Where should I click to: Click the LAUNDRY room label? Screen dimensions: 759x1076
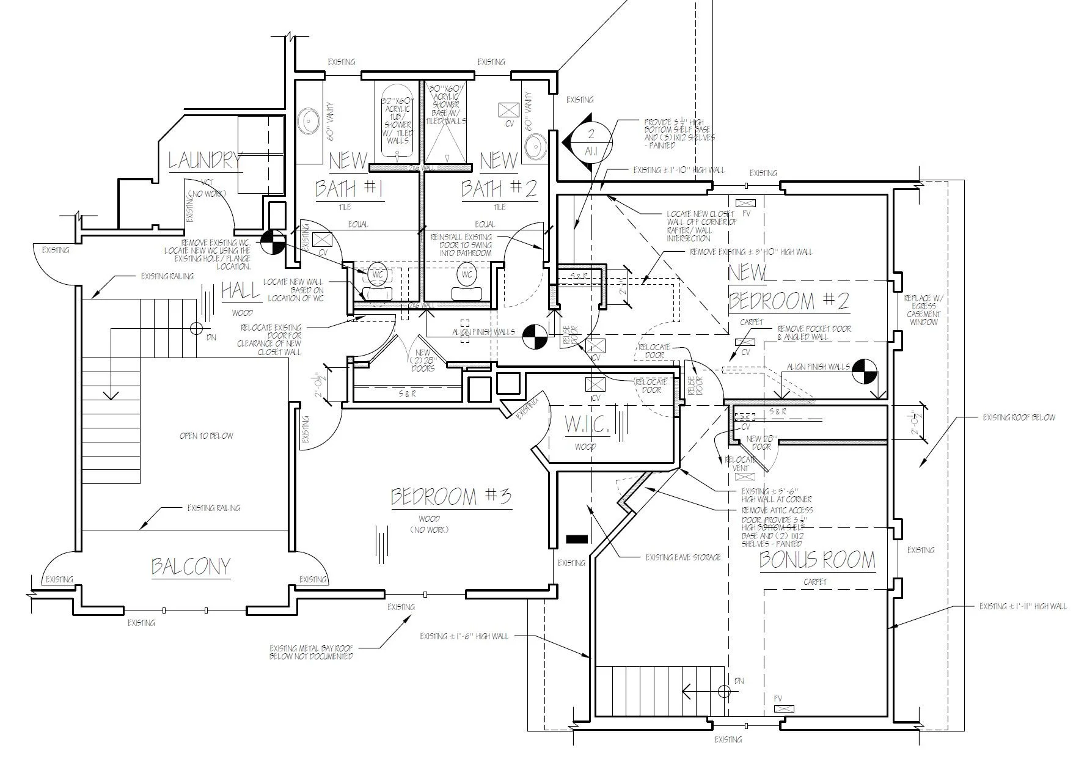204,161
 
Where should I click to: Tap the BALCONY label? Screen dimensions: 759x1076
191,566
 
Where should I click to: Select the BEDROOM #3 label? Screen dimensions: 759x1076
451,497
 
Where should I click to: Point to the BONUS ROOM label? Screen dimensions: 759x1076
817,560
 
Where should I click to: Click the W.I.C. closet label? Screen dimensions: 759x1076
586,426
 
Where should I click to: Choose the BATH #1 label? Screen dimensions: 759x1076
349,189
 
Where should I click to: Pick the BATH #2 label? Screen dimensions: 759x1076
499,189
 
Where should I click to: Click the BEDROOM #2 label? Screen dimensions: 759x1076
788,301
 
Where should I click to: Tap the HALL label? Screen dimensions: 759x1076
240,291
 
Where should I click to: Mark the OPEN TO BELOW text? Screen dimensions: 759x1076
206,436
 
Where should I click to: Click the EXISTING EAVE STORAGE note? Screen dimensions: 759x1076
683,557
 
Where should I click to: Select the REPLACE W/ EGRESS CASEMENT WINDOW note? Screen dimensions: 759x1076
923,310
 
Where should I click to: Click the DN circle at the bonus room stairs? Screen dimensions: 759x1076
724,692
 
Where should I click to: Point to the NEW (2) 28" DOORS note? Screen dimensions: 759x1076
422,361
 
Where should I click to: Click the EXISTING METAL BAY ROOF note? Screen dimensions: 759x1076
311,652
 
